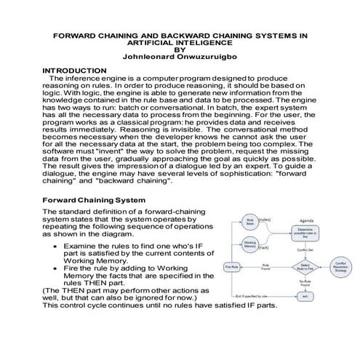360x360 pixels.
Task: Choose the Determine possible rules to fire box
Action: click(x=305, y=233)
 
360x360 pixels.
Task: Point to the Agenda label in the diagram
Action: click(x=306, y=220)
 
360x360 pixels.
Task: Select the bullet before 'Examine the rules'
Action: click(x=57, y=247)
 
